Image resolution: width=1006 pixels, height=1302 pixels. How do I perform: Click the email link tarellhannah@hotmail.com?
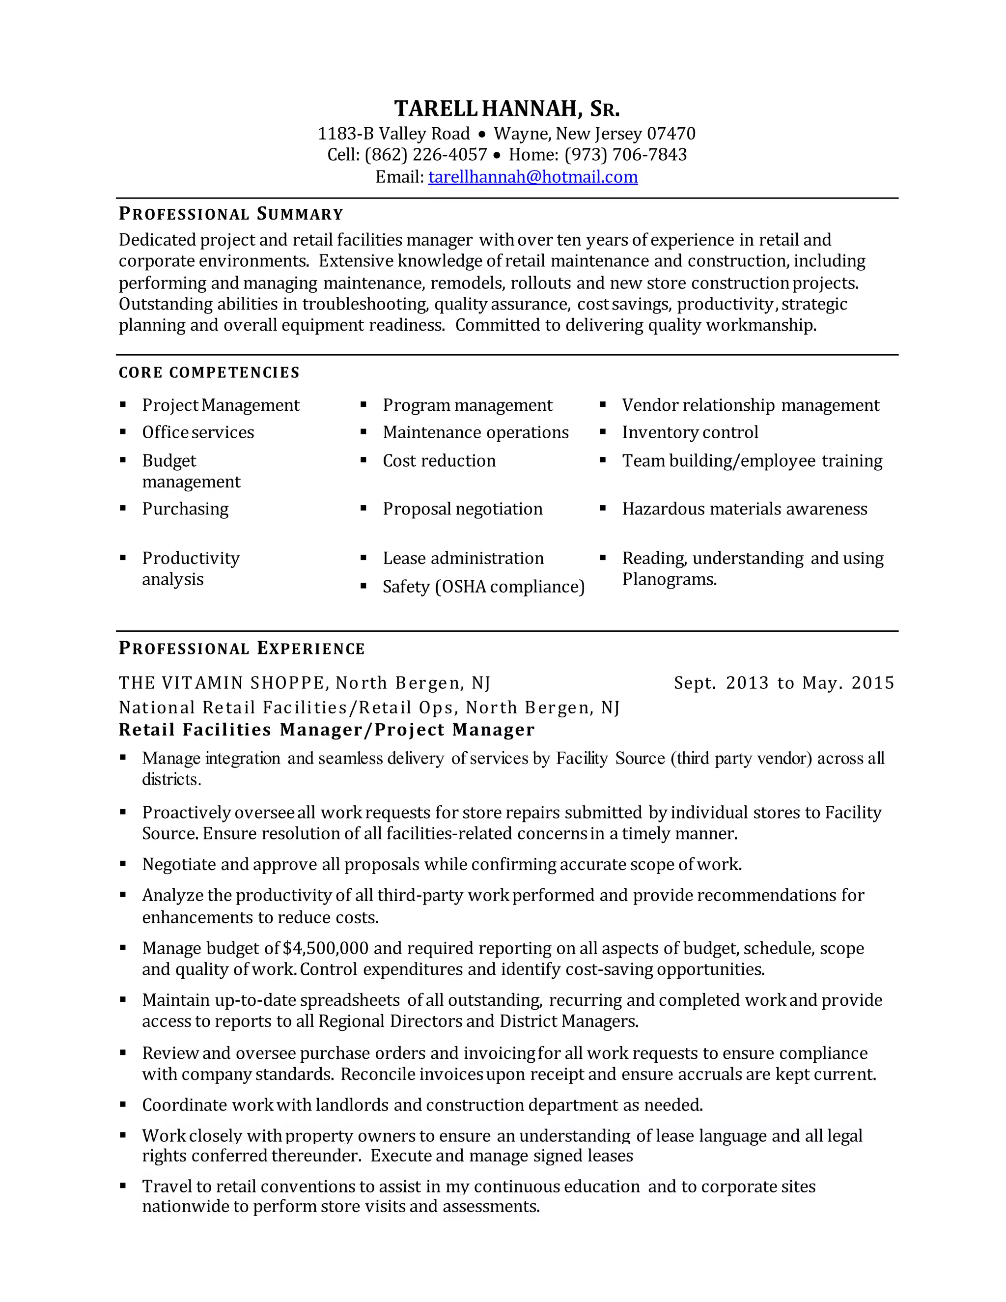click(x=533, y=177)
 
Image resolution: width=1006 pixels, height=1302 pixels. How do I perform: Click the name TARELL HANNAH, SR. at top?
click(x=506, y=109)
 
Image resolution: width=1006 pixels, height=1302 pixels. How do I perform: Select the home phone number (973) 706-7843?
click(x=625, y=155)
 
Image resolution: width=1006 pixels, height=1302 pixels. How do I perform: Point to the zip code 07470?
click(x=671, y=134)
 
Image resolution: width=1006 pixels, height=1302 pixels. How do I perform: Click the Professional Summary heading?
click(x=231, y=214)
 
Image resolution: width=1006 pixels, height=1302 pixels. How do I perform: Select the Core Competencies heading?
click(x=209, y=372)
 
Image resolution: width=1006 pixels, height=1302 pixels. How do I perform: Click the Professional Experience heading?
click(x=241, y=649)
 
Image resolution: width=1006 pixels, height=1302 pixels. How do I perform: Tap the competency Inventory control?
click(x=690, y=432)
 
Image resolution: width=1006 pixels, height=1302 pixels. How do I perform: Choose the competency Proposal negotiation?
click(x=462, y=509)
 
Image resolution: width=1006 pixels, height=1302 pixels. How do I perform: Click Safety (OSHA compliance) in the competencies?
click(x=483, y=587)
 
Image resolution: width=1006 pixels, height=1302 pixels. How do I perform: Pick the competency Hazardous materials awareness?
click(x=744, y=509)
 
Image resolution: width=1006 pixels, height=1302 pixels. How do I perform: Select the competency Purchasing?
click(x=185, y=509)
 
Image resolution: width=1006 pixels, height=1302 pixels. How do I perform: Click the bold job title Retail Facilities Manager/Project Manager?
click(x=327, y=730)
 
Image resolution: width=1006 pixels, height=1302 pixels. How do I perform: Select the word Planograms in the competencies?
click(x=669, y=579)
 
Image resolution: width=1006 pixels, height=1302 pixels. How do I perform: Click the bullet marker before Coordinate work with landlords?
click(x=123, y=1104)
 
